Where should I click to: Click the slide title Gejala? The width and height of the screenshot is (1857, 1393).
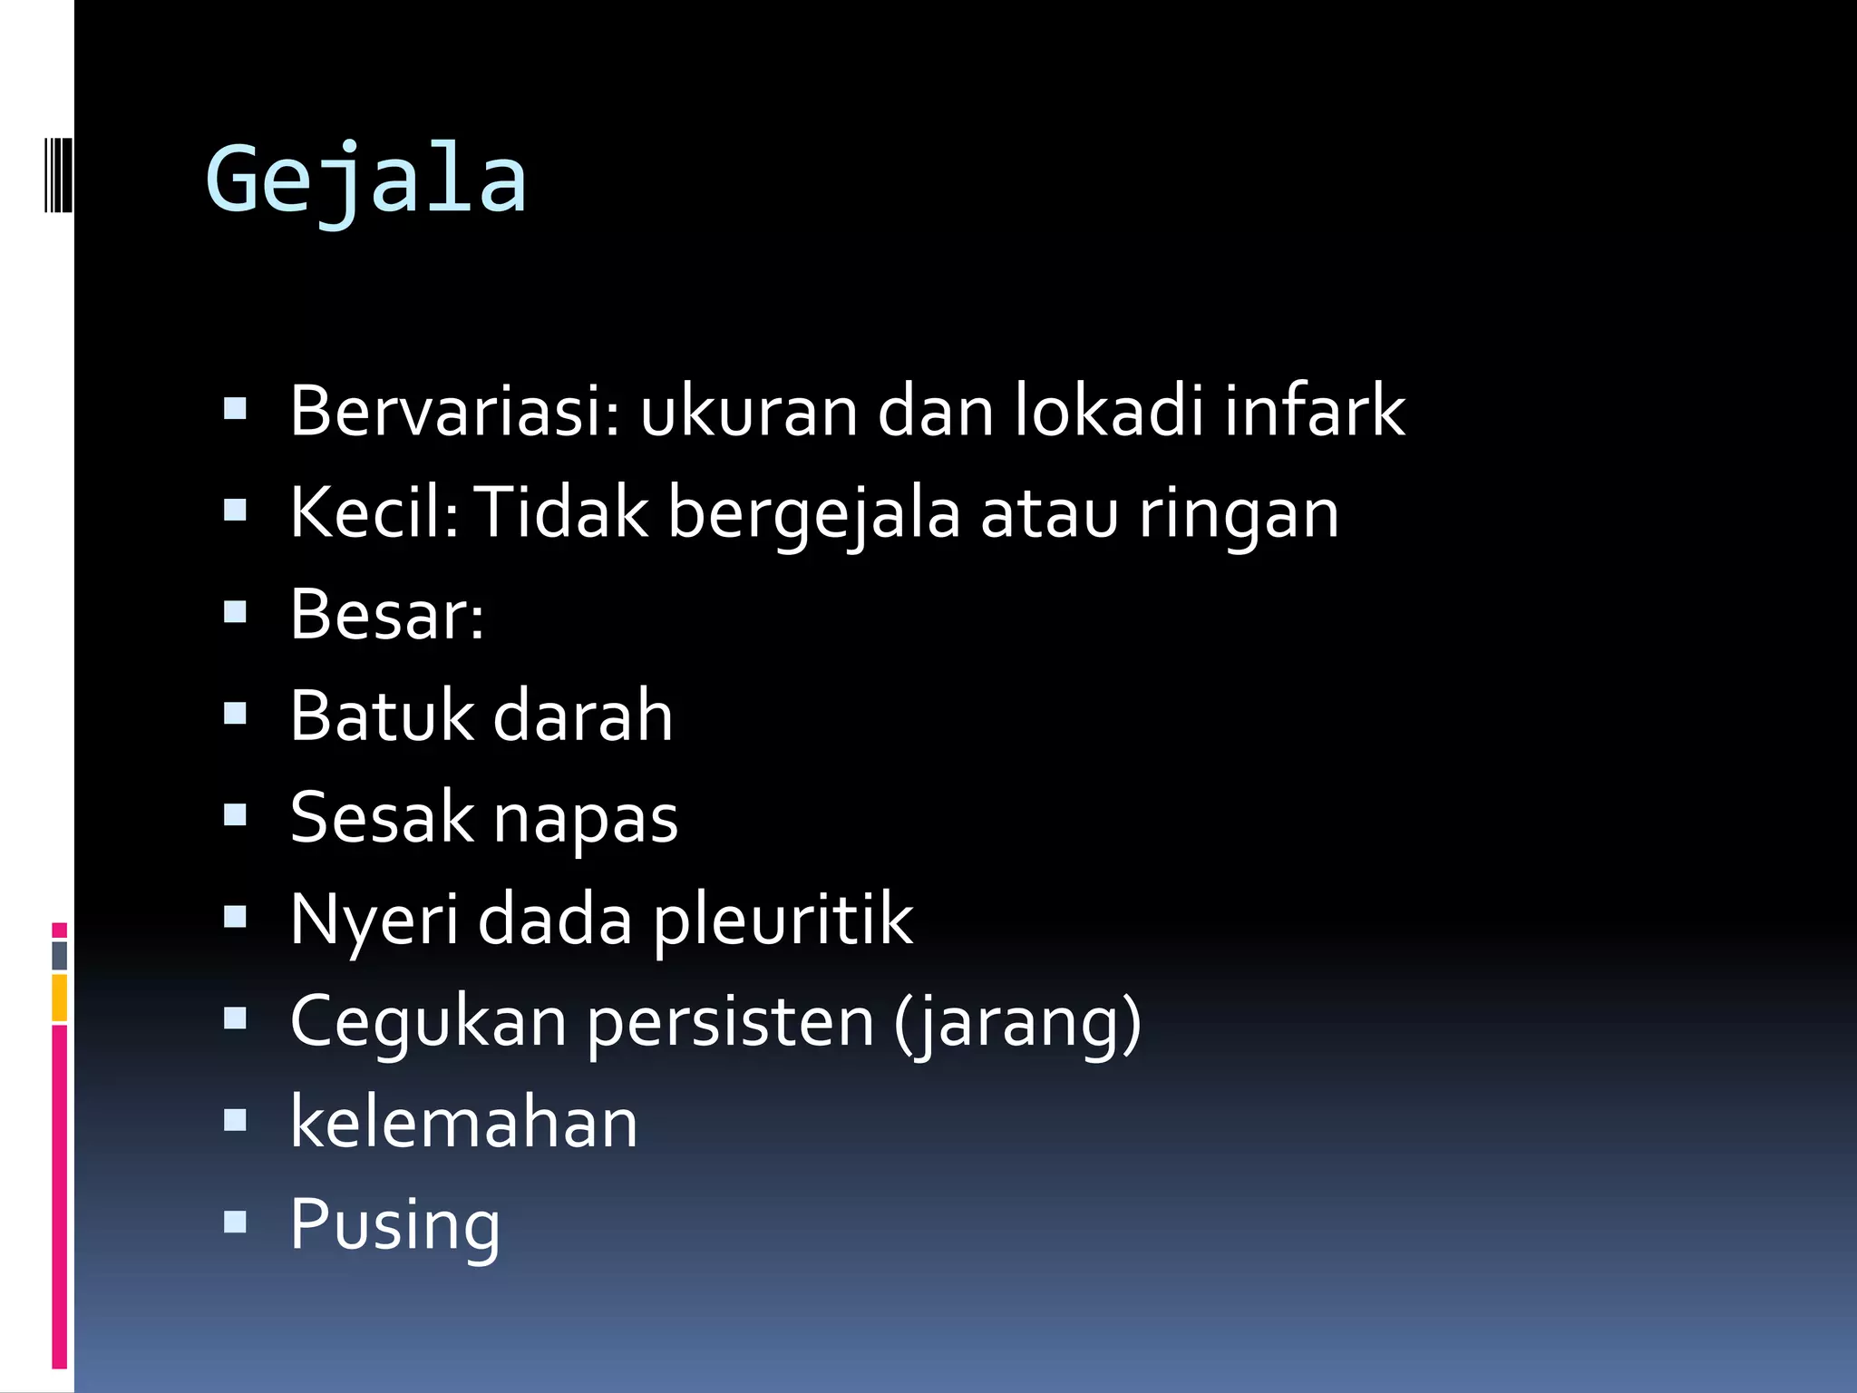(x=365, y=182)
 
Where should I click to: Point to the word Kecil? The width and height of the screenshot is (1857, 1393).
(x=373, y=512)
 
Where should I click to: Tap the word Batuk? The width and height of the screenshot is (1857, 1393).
(x=381, y=716)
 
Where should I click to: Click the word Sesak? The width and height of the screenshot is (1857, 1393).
(x=381, y=817)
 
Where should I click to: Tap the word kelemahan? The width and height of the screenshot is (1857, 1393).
(x=463, y=1123)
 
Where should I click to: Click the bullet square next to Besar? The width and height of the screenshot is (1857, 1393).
(x=235, y=613)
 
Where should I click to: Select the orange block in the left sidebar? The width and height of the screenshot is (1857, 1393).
(x=59, y=998)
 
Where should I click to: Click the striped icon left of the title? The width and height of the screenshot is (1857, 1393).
(x=58, y=174)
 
